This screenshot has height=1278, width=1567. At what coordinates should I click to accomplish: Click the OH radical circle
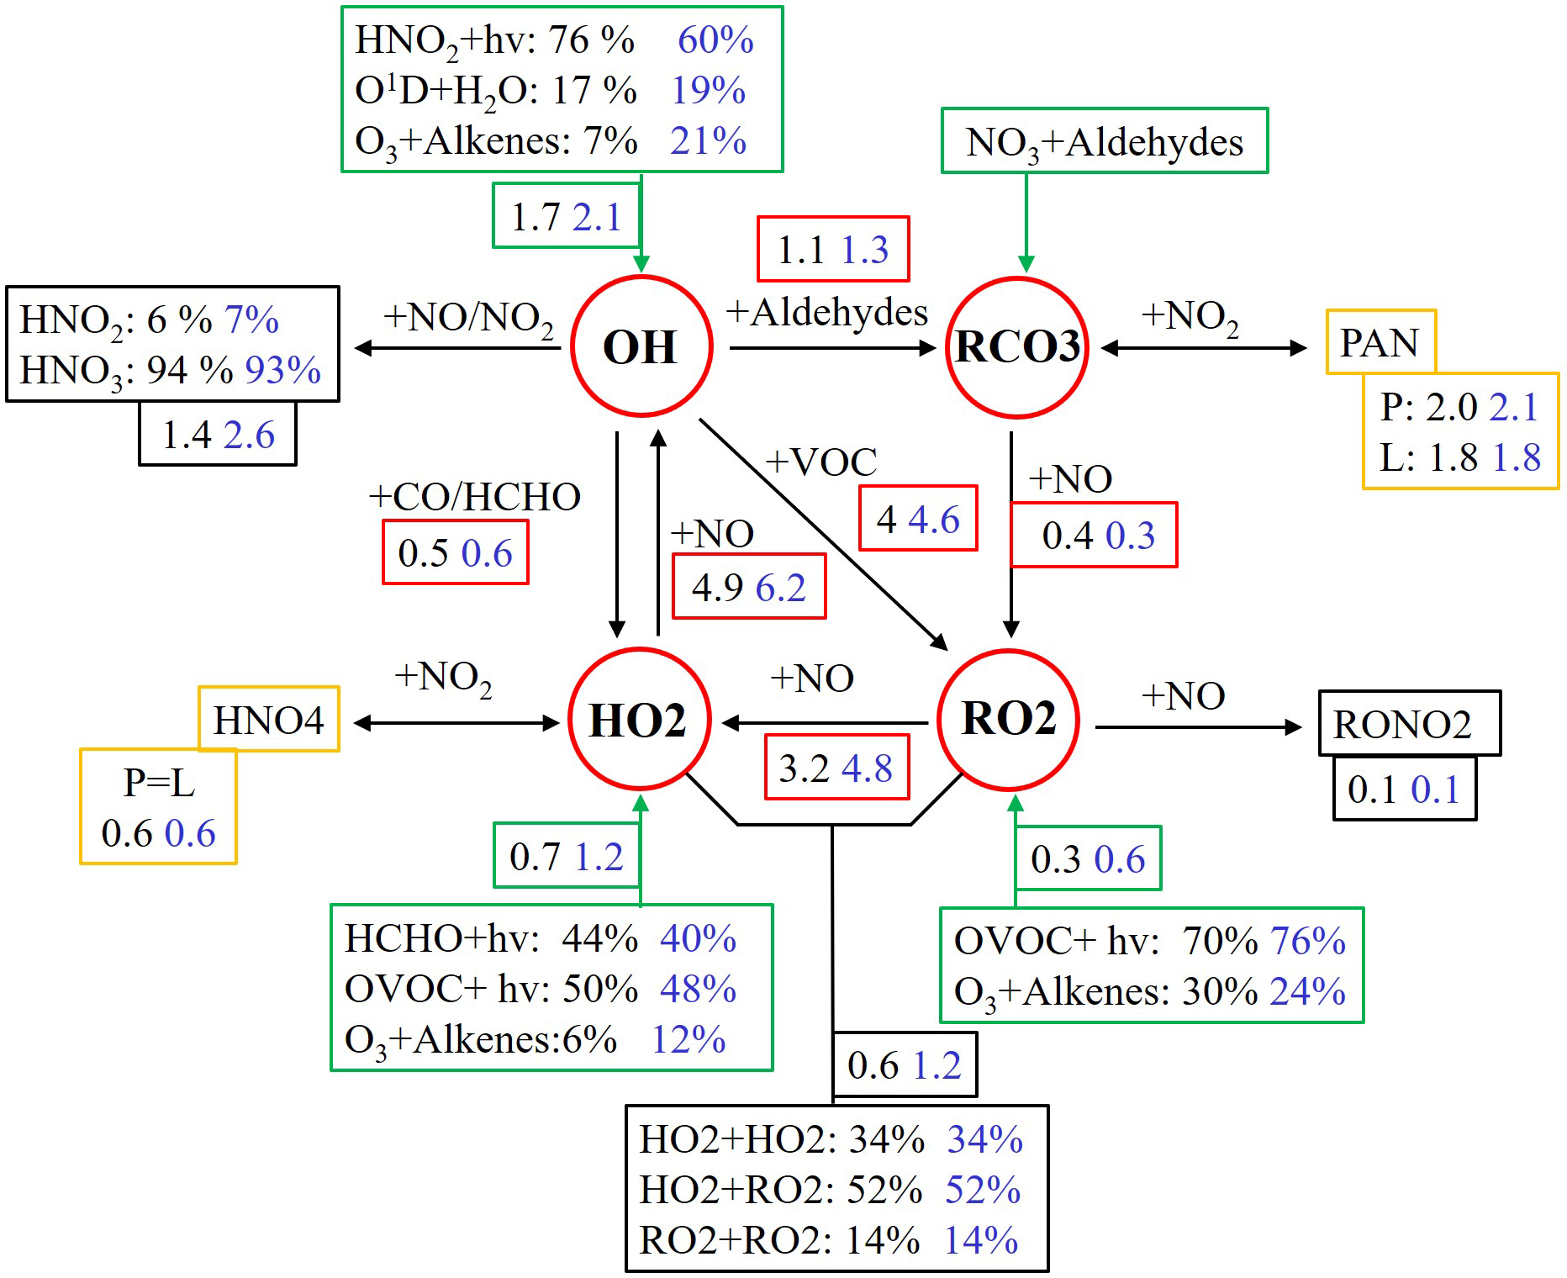point(641,346)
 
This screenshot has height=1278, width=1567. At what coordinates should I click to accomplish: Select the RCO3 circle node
point(1017,346)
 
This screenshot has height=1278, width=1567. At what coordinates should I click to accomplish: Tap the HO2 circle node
point(639,720)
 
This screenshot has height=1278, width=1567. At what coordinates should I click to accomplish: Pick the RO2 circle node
point(1008,719)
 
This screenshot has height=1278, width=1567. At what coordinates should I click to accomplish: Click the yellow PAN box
point(1380,341)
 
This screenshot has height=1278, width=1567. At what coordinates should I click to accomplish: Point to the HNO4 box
point(268,720)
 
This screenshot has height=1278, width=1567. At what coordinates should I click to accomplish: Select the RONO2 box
point(1409,724)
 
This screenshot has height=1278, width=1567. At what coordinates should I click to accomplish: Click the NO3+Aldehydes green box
point(1104,141)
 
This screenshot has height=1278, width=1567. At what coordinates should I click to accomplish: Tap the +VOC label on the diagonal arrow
point(821,462)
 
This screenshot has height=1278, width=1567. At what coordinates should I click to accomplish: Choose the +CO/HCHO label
point(475,497)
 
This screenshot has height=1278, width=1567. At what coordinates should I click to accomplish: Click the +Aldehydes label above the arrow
point(827,312)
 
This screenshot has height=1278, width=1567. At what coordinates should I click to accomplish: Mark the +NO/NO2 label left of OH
point(468,318)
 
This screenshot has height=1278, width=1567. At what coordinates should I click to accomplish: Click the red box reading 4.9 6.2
point(749,587)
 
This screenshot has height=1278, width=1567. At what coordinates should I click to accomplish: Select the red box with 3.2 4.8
point(836,768)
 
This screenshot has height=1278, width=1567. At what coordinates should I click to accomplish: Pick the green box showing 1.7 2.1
point(567,216)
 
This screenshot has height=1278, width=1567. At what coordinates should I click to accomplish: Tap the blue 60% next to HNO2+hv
point(715,40)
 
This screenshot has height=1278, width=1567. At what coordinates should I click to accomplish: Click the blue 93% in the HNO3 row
point(283,370)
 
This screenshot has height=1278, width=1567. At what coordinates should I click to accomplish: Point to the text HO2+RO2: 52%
point(780,1190)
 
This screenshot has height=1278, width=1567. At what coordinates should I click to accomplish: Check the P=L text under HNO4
point(159,783)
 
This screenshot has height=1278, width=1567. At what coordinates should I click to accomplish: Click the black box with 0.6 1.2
point(905,1065)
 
